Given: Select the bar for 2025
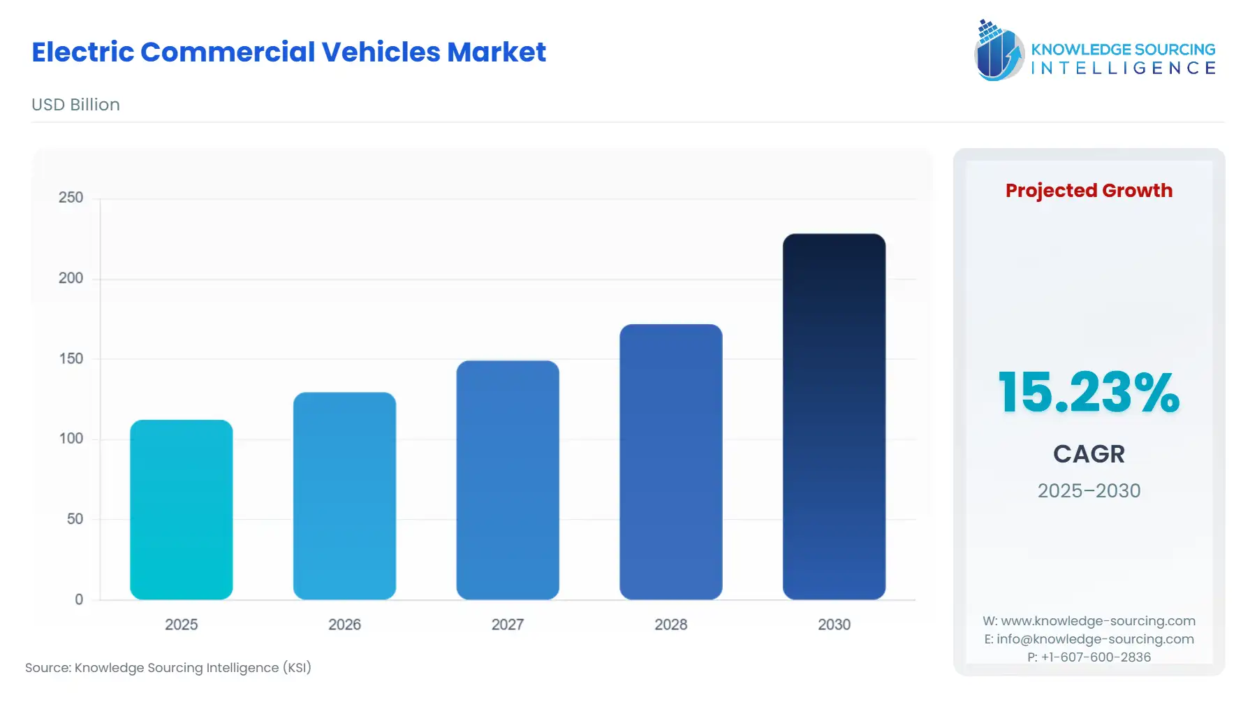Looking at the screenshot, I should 182,509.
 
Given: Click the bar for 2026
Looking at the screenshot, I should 344,495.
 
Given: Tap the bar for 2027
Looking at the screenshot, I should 508,480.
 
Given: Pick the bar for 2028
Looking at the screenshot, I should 670,462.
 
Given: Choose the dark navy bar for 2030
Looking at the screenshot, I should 834,416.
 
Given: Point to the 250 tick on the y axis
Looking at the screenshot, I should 71,198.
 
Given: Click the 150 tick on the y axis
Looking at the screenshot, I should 71,358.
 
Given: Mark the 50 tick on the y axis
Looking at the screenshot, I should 75,519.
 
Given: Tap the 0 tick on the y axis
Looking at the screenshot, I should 79,599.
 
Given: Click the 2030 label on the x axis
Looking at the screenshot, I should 834,625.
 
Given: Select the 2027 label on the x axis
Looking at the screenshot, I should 508,625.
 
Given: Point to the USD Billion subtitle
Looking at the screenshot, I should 75,105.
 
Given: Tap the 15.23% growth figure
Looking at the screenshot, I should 1089,393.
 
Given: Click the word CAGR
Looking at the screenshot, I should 1089,454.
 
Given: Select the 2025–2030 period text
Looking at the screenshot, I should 1089,490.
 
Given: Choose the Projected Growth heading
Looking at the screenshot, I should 1089,191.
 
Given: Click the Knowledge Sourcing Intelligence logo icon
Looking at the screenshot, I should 999,50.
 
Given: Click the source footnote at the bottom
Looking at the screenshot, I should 168,668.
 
